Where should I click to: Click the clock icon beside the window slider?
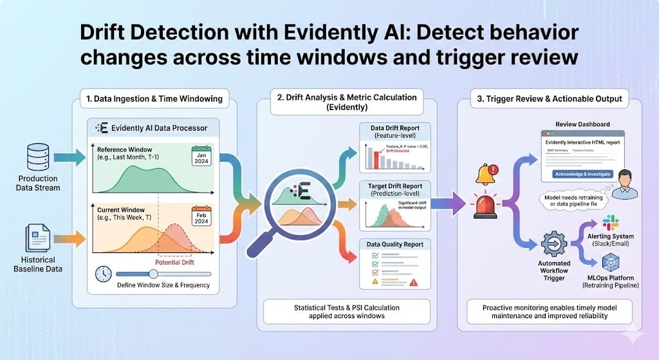tap(102, 273)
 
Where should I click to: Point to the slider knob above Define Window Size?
tap(153, 273)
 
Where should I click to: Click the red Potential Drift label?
tap(174, 262)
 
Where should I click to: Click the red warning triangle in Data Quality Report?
tap(413, 282)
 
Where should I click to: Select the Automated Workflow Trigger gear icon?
tap(553, 245)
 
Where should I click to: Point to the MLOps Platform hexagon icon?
tap(609, 263)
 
